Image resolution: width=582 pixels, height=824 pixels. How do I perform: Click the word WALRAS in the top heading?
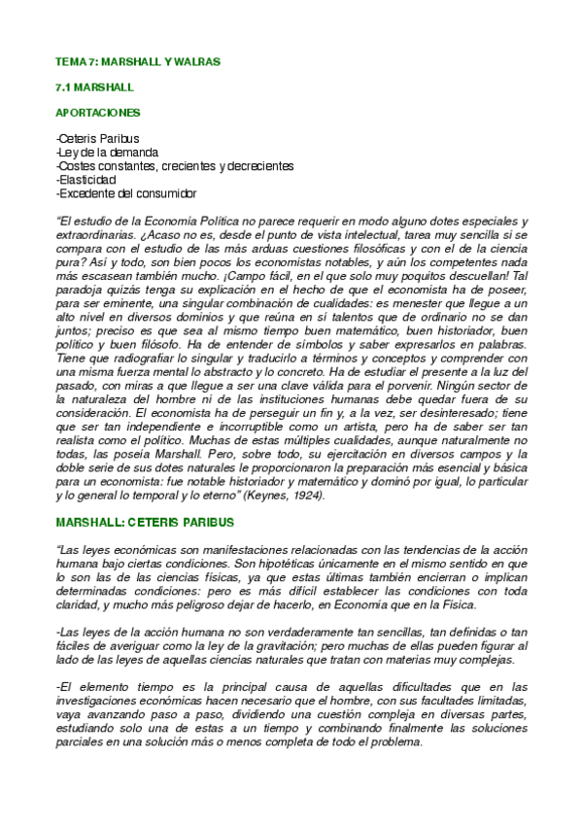point(199,62)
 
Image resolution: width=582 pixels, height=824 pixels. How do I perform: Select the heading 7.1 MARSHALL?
point(95,87)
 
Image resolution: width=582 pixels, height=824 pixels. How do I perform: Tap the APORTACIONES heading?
point(98,113)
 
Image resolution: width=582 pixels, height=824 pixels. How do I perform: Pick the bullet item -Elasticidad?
point(86,180)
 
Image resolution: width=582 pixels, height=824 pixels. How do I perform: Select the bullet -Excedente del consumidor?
point(126,193)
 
